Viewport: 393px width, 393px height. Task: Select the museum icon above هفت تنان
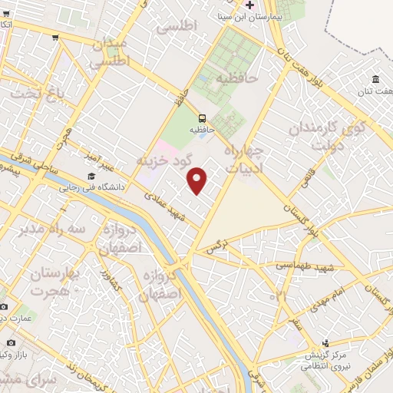375,80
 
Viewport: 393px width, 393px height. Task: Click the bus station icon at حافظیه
202,118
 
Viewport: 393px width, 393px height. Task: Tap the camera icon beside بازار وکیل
11,342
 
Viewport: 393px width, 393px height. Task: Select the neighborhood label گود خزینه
162,160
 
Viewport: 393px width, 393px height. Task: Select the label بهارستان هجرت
57,280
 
